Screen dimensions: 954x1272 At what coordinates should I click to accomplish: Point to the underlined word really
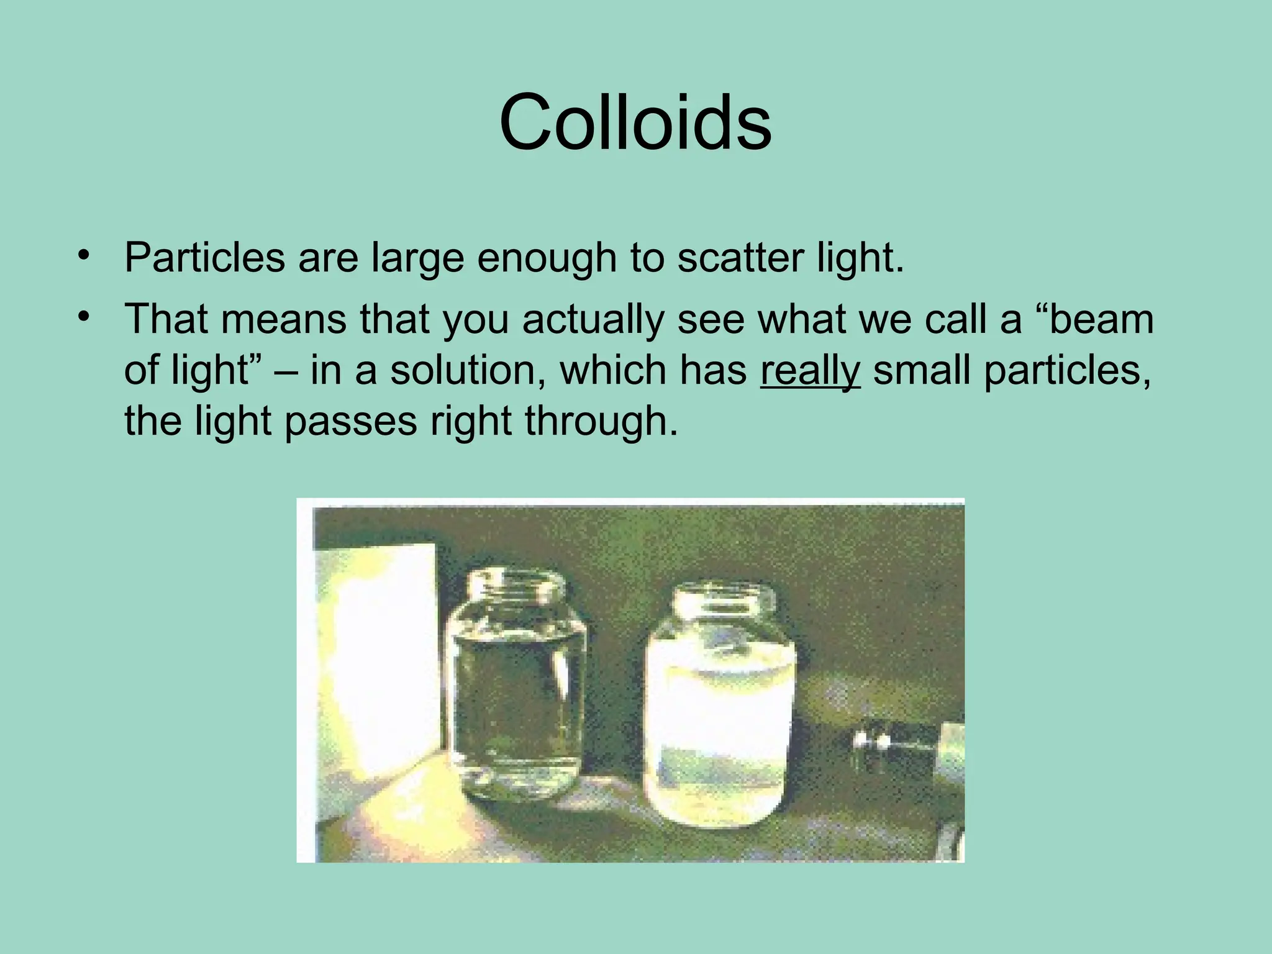810,371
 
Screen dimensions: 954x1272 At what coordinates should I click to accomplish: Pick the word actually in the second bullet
593,320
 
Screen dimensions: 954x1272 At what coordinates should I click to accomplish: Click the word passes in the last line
350,421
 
